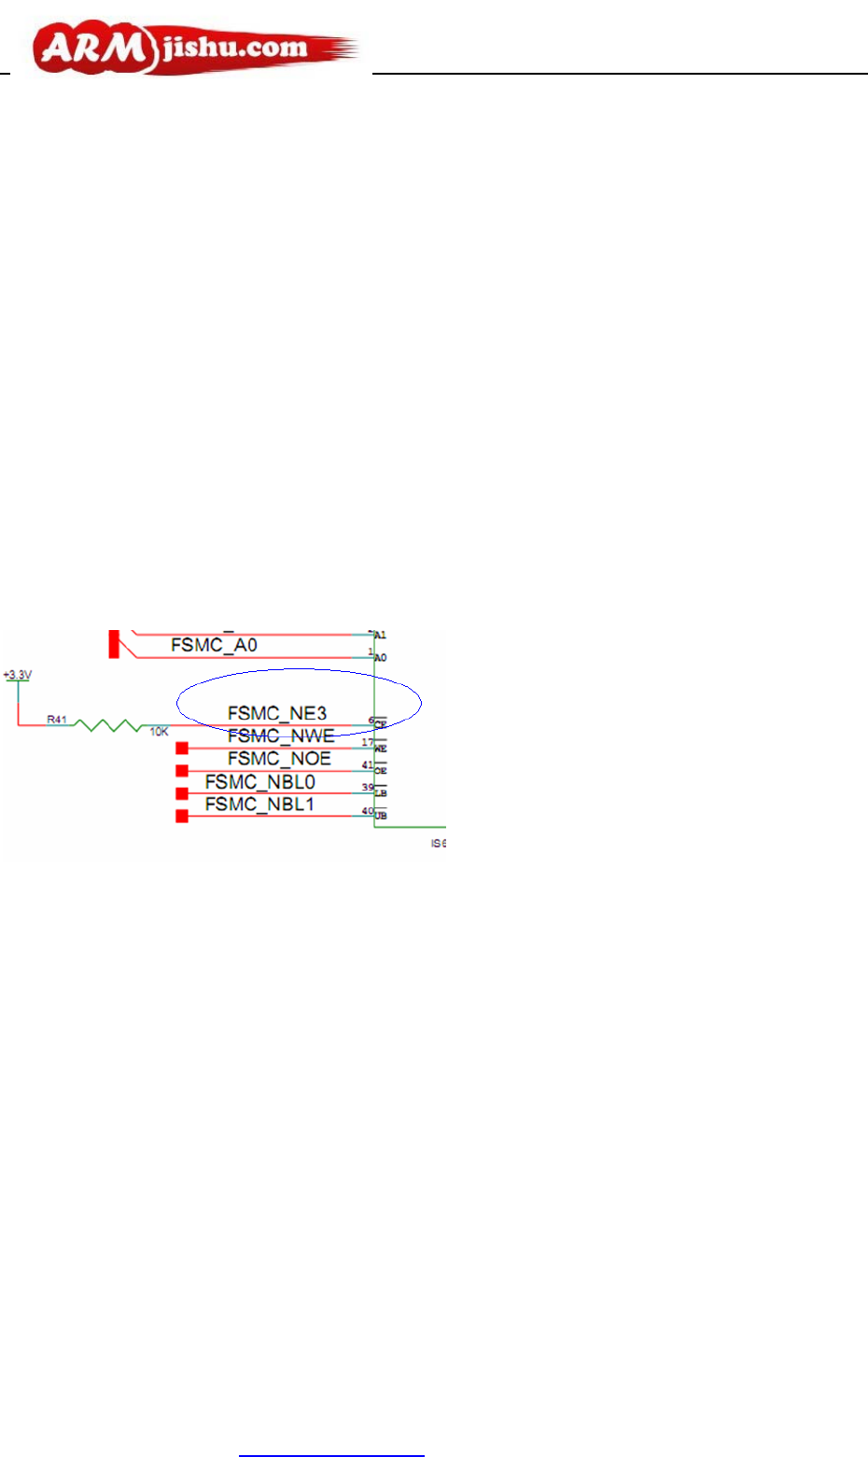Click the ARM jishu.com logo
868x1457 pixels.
(x=196, y=49)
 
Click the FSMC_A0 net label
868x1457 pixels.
(x=214, y=645)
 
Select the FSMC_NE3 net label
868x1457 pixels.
(x=277, y=714)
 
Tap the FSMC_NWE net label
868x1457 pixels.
(x=281, y=736)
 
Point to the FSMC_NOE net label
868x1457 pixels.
(x=279, y=759)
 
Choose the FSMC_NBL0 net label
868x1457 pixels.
(x=260, y=782)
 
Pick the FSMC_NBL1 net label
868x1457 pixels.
(x=260, y=805)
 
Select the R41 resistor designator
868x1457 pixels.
(x=57, y=720)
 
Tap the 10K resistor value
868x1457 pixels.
(x=160, y=732)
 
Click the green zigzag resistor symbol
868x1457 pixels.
(x=107, y=724)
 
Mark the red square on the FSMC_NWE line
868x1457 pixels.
(x=182, y=748)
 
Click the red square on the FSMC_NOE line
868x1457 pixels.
(x=182, y=771)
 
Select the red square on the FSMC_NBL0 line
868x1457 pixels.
(x=182, y=793)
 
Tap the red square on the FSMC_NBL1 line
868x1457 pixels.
(x=182, y=817)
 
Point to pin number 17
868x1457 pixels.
(x=368, y=743)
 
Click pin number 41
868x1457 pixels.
(x=368, y=765)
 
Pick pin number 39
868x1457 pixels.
(x=368, y=788)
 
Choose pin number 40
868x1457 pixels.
(x=368, y=811)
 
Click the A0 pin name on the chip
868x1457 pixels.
(x=381, y=658)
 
